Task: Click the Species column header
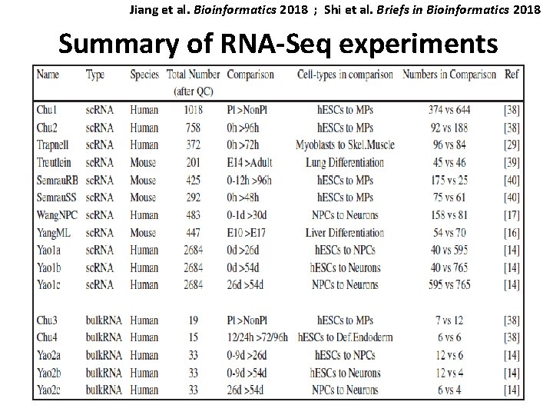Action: (x=145, y=75)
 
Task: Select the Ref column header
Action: (x=512, y=75)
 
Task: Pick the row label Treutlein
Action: (x=56, y=163)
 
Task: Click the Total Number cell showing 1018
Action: (x=193, y=110)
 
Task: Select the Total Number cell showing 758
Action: (x=193, y=128)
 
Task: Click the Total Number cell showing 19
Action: (x=193, y=320)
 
